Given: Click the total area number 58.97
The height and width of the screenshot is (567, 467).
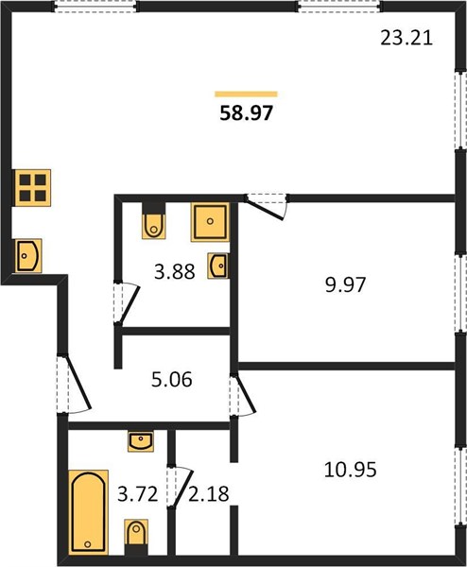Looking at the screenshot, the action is pyautogui.click(x=246, y=112).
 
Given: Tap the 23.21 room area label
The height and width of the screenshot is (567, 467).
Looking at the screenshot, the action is pyautogui.click(x=406, y=38).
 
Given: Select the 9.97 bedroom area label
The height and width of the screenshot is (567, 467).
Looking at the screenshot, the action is pyautogui.click(x=345, y=284).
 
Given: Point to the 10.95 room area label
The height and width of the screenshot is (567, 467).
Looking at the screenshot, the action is pyautogui.click(x=350, y=470).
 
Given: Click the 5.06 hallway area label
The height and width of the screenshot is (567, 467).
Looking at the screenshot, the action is pyautogui.click(x=171, y=380).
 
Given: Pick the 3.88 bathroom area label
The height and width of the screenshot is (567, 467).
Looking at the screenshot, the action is pyautogui.click(x=175, y=271).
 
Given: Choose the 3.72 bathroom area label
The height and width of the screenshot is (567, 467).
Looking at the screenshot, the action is pyautogui.click(x=138, y=494).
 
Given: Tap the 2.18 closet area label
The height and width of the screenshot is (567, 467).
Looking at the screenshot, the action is pyautogui.click(x=209, y=494).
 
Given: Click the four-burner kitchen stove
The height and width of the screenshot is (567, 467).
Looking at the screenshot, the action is pyautogui.click(x=32, y=188).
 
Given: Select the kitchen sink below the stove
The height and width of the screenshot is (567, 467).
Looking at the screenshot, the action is pyautogui.click(x=28, y=256).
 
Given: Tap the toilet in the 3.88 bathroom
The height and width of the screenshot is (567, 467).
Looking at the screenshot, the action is pyautogui.click(x=154, y=220).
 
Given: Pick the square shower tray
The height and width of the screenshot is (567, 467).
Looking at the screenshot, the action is pyautogui.click(x=210, y=222).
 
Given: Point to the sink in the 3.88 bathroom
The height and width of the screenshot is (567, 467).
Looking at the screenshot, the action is pyautogui.click(x=218, y=266).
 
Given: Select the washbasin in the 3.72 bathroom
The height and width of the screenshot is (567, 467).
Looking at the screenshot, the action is pyautogui.click(x=141, y=441).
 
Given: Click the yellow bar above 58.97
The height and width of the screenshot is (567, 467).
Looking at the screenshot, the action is pyautogui.click(x=246, y=94).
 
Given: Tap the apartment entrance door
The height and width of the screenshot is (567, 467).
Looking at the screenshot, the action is pyautogui.click(x=74, y=385).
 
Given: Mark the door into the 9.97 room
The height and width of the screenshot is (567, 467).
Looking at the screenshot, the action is pyautogui.click(x=267, y=206).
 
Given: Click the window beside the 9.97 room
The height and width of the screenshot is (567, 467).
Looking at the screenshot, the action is pyautogui.click(x=460, y=293).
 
